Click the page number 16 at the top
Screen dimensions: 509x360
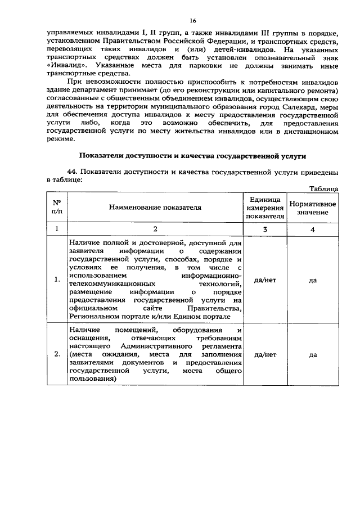192,21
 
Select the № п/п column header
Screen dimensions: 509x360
57,208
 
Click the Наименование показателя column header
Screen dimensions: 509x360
155,208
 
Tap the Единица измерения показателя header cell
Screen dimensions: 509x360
264,208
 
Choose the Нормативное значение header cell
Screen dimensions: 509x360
313,208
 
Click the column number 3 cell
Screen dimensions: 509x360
264,229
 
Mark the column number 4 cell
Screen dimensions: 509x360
313,229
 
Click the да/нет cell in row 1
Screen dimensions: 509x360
264,280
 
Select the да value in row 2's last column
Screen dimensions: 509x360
313,355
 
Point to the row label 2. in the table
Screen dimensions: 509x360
57,355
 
